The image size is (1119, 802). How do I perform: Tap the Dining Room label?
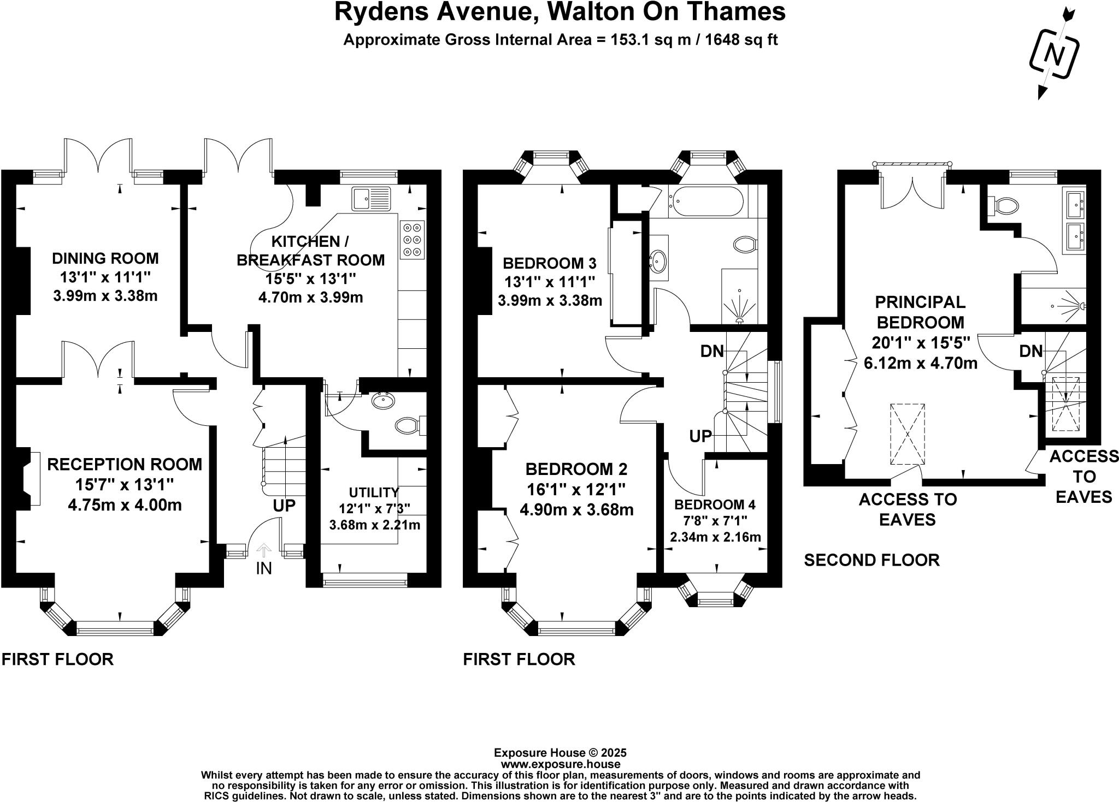105,258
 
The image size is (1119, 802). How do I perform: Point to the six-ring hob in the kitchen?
412,239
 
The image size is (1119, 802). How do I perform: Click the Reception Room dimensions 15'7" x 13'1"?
125,484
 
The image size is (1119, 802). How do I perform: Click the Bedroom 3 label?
549,263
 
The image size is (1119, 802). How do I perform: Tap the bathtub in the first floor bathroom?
705,201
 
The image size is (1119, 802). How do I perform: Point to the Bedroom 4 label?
715,504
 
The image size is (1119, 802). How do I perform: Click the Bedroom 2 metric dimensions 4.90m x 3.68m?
576,510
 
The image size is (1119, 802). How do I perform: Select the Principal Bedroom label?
920,311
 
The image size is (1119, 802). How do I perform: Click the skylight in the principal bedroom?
908,434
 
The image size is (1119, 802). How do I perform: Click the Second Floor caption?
871,560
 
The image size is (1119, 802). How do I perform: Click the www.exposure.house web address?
560,764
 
